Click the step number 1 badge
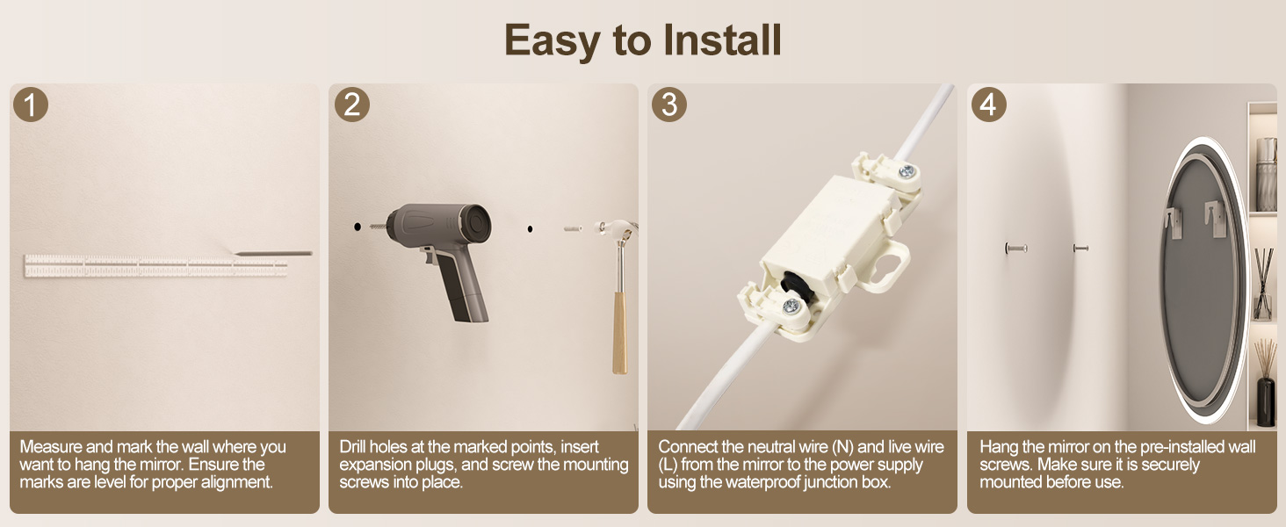click(x=31, y=104)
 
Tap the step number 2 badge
click(x=352, y=104)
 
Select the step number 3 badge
click(x=669, y=104)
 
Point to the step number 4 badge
click(x=988, y=104)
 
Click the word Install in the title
click(x=722, y=40)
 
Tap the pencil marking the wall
click(x=272, y=253)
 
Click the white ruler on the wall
click(x=155, y=266)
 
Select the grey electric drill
click(x=437, y=258)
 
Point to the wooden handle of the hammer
click(x=619, y=333)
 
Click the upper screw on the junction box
click(x=907, y=170)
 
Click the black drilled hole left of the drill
click(x=358, y=227)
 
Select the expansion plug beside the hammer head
click(x=573, y=228)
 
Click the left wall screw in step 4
click(x=1015, y=248)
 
